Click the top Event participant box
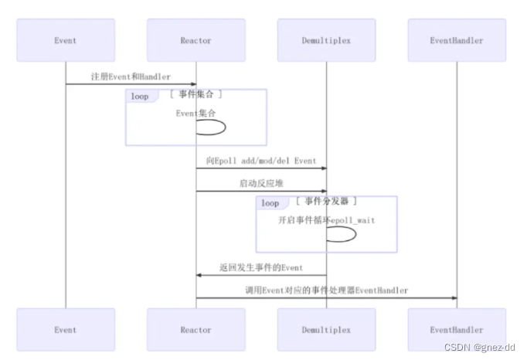66,40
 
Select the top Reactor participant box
195,40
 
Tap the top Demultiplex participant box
326,40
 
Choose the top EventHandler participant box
456,40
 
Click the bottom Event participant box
66,330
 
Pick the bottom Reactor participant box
195,330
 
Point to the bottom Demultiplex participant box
326,330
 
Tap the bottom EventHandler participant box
456,330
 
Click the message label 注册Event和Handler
131,76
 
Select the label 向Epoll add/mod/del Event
261,161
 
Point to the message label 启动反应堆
261,183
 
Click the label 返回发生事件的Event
261,267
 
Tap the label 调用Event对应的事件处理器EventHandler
326,290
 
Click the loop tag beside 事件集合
140,97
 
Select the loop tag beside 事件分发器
270,203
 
